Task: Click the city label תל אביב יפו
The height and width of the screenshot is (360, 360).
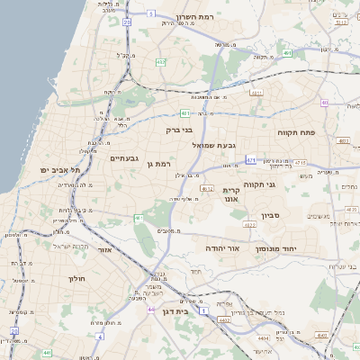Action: tap(60, 169)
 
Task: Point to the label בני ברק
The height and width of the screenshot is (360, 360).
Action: tap(179, 130)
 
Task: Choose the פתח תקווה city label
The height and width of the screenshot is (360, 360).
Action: tap(296, 132)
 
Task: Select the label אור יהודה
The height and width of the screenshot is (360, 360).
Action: tap(220, 247)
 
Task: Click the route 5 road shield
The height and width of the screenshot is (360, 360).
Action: tap(151, 13)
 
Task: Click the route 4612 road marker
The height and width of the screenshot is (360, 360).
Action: tap(207, 189)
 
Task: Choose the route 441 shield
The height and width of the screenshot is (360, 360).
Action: tap(47, 353)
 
